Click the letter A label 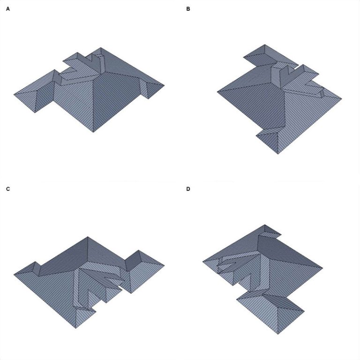coord(8,9)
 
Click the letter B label coord(188,9)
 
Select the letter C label coord(8,189)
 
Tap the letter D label coord(188,189)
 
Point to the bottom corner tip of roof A coord(93,132)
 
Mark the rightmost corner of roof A coord(164,85)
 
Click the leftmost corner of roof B coord(217,91)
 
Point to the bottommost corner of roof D coord(277,334)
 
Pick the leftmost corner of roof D coord(202,261)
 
